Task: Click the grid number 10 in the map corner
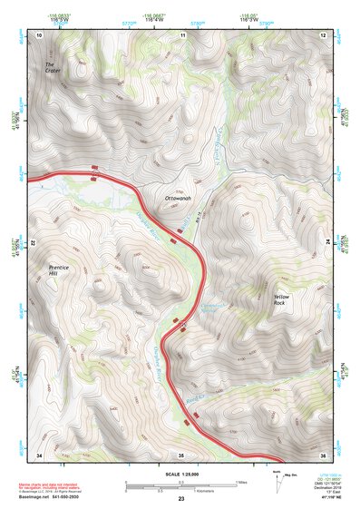(x=39, y=34)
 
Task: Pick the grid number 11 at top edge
(x=182, y=34)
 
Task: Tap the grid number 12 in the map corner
(x=324, y=34)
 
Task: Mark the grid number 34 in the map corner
(x=39, y=454)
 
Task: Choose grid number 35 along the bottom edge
(x=181, y=454)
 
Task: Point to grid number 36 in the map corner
(x=324, y=454)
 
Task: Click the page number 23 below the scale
(x=180, y=499)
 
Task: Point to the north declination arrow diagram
(x=282, y=479)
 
